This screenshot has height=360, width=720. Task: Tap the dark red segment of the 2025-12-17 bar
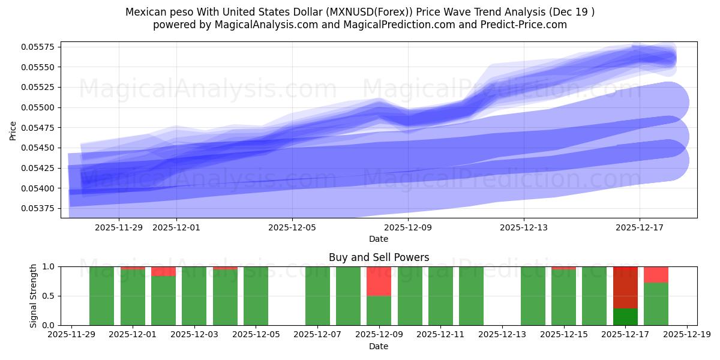coord(625,287)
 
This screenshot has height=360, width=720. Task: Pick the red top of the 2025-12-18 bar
coord(656,275)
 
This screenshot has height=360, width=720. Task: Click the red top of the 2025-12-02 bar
coord(163,271)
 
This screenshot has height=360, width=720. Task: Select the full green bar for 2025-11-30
coord(101,296)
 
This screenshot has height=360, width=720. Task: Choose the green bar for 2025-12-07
coord(317,296)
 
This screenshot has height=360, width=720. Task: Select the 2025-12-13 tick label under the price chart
coord(524,227)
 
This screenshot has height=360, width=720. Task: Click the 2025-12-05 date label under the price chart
coord(292,227)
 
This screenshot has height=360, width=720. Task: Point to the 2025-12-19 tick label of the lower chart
coord(687,335)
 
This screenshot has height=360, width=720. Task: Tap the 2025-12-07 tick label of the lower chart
coord(317,335)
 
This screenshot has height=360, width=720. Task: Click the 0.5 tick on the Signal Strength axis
coord(50,296)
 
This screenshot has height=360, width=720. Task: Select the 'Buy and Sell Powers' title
coord(379,257)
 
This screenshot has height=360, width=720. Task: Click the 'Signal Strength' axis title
coord(34,296)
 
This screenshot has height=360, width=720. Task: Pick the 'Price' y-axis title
coord(13,130)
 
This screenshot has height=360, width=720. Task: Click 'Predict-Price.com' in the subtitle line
coord(526,25)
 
